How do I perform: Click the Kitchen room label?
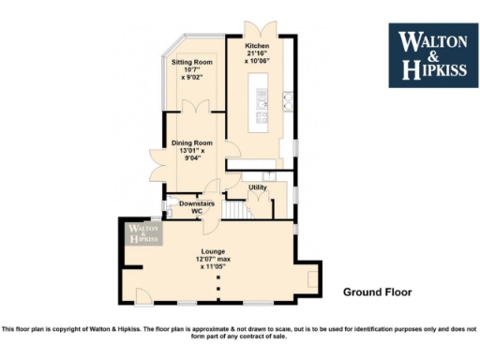(x=257, y=45)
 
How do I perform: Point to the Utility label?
(x=257, y=187)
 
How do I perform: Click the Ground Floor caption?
(x=377, y=292)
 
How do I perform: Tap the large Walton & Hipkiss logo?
(x=427, y=54)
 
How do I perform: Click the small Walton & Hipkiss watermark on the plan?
(x=143, y=233)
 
